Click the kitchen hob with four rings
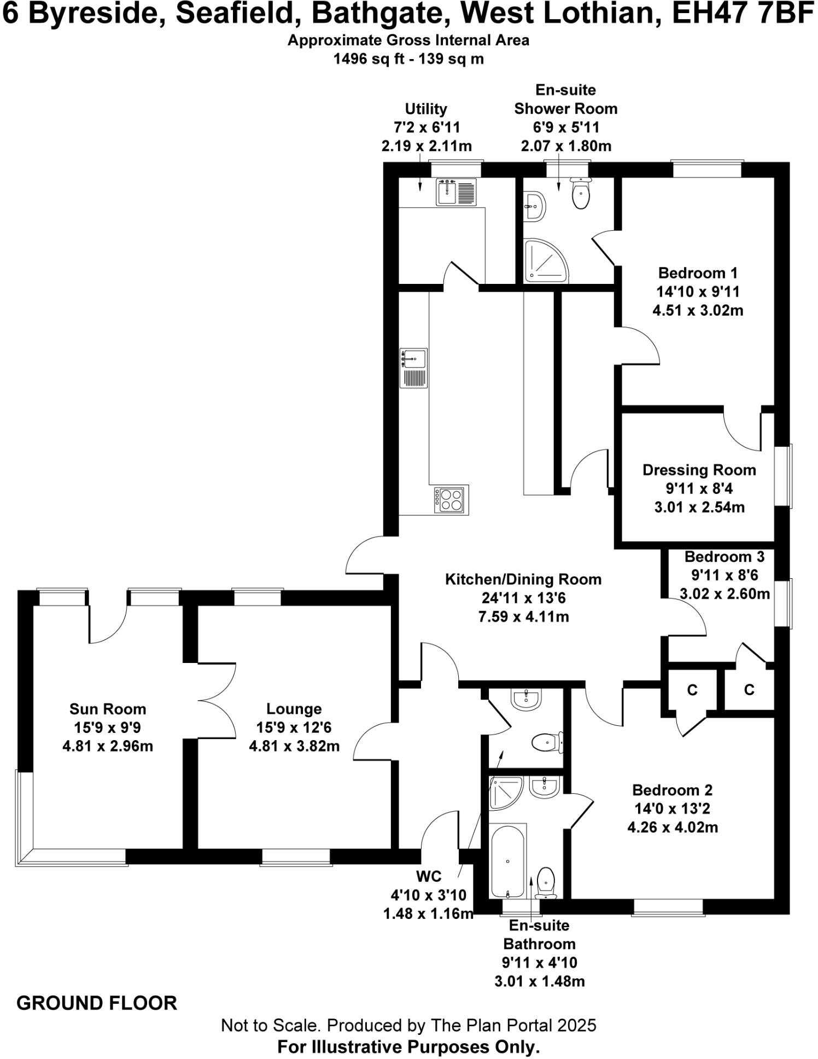pos(451,499)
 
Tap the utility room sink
pos(456,191)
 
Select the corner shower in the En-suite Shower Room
pos(544,261)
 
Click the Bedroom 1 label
pos(698,272)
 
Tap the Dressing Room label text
pos(699,470)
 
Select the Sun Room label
pos(108,709)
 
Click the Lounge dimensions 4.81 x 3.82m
pos(294,746)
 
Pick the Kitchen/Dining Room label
pos(523,579)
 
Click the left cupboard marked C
pos(692,690)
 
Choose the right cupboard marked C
pos(749,690)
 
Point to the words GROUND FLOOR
pos(97,1003)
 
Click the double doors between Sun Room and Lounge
pos(218,701)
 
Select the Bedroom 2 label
pos(672,790)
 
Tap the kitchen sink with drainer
pos(413,368)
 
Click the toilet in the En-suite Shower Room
pos(581,193)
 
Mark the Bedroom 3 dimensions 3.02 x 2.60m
pos(724,593)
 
